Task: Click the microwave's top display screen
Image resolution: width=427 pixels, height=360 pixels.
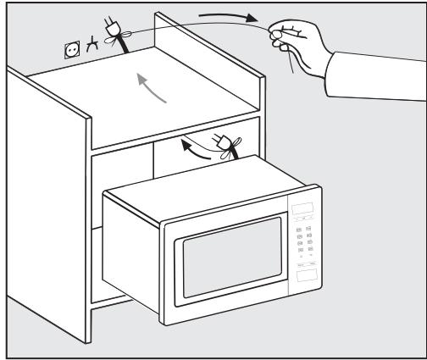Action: tap(302, 212)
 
